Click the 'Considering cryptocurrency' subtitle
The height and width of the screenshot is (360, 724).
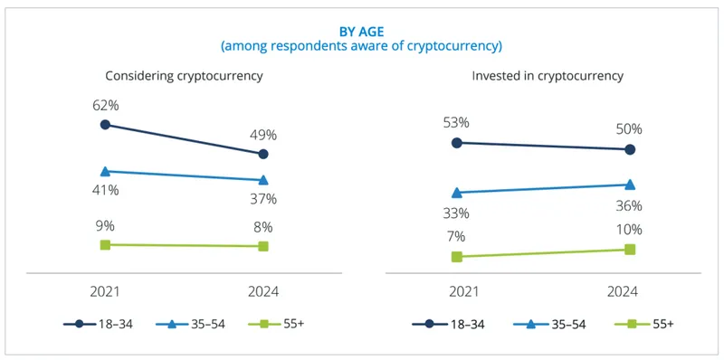point(184,76)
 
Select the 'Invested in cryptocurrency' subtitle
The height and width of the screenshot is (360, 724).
point(548,76)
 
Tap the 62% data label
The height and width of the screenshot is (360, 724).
point(105,105)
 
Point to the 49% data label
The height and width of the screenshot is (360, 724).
point(262,135)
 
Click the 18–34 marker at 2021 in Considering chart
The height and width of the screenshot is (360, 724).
point(105,125)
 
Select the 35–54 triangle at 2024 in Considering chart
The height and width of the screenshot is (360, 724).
point(262,180)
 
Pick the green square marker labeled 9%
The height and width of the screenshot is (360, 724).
point(105,245)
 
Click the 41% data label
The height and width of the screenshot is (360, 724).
point(105,190)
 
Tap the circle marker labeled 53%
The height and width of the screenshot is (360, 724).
point(457,143)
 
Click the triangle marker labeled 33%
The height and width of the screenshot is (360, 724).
point(457,192)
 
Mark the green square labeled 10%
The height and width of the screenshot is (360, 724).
point(630,249)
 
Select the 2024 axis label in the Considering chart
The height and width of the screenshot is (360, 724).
point(262,291)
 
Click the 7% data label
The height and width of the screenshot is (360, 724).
point(457,236)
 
